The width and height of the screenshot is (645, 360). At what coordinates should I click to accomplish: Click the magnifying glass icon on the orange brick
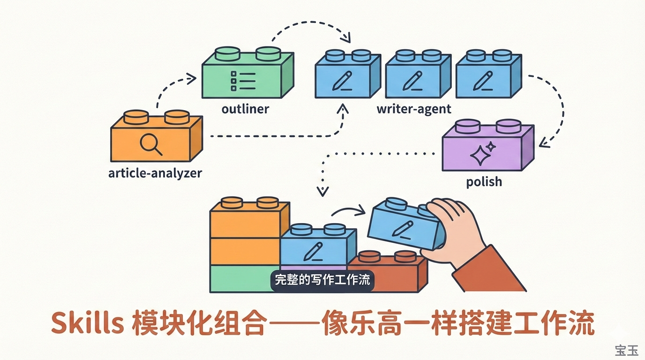click(151, 144)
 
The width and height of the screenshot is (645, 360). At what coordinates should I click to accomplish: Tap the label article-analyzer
click(155, 173)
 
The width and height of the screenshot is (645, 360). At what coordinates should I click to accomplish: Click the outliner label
click(245, 109)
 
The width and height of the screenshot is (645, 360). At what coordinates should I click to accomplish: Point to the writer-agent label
click(414, 109)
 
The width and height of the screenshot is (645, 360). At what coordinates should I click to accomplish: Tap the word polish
click(484, 181)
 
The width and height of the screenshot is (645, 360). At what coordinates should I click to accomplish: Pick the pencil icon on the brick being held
click(402, 228)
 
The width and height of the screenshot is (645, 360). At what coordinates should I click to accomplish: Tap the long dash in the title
click(294, 324)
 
